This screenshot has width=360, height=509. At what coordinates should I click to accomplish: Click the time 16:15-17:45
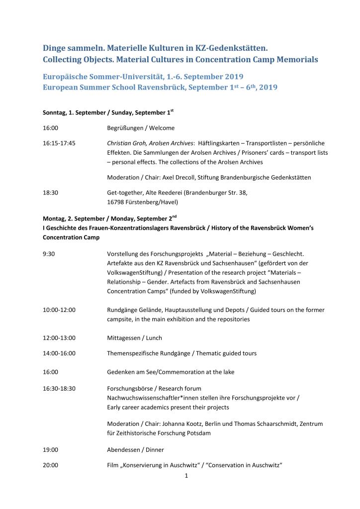[59, 143]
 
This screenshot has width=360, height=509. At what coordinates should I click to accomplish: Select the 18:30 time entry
[51, 193]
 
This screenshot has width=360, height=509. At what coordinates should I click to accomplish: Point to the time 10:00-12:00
[59, 310]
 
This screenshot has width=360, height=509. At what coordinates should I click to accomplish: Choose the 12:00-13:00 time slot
[59, 338]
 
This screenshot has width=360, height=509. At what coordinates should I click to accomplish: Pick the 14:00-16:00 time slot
[59, 353]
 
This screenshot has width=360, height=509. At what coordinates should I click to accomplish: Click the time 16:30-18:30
[59, 388]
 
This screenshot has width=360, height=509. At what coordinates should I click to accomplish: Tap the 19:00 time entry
[51, 450]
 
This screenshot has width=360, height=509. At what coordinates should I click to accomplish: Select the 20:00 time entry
[51, 465]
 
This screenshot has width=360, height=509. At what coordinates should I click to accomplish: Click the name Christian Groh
[126, 143]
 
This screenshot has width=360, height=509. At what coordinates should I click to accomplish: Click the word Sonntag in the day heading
[54, 112]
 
